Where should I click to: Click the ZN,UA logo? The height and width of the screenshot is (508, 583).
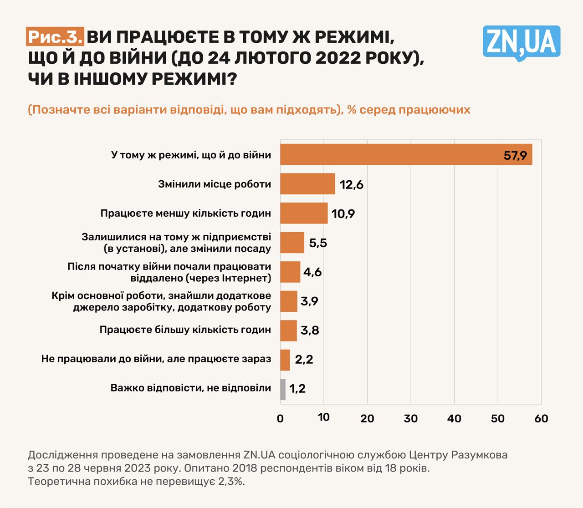tap(521, 42)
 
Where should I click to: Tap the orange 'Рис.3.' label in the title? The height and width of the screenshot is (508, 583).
tap(55, 37)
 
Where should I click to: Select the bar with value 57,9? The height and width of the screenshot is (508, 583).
tap(405, 155)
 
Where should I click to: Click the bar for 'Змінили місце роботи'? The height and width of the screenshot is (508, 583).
tap(307, 184)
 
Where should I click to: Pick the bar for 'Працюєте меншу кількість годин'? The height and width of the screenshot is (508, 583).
tap(304, 213)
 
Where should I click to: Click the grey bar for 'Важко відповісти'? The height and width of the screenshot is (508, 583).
tap(283, 389)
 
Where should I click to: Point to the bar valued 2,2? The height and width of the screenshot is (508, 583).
tap(285, 360)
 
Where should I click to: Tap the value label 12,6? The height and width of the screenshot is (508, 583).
tap(351, 185)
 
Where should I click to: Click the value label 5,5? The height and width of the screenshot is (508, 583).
tap(318, 243)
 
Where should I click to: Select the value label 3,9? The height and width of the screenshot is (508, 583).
tap(309, 301)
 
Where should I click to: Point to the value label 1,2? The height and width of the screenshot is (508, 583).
tap(297, 389)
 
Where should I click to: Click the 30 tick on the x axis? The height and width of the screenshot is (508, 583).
tap(411, 418)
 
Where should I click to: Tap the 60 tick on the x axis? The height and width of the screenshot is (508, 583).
tap(541, 418)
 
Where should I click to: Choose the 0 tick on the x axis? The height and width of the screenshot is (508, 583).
tap(280, 418)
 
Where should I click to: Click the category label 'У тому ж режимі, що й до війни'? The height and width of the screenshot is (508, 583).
tap(191, 155)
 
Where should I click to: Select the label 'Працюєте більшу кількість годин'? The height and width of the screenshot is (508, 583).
tap(185, 330)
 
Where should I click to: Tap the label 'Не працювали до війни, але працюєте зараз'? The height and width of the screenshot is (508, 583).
tap(156, 359)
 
